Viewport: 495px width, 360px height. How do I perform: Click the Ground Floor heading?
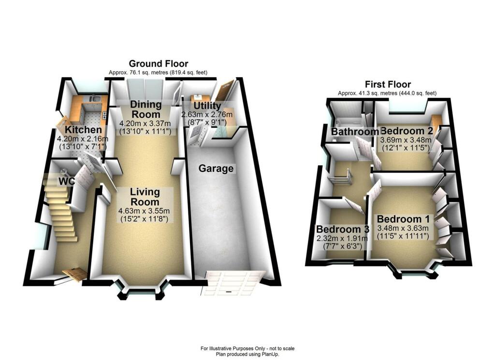(x=158, y=64)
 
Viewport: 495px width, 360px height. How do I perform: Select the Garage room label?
(x=216, y=169)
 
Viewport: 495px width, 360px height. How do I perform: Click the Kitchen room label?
(x=84, y=130)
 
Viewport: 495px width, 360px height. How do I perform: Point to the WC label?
(x=66, y=181)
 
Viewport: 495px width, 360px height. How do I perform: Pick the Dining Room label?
(x=146, y=110)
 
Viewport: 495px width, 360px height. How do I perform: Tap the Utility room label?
(x=207, y=106)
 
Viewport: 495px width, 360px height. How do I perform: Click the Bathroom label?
(x=355, y=132)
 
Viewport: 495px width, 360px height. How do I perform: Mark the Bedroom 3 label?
(x=338, y=229)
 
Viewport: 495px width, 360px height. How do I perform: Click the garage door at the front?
(x=233, y=283)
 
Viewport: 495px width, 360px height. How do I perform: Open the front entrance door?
(x=75, y=274)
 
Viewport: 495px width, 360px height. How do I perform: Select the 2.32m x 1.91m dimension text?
(x=338, y=238)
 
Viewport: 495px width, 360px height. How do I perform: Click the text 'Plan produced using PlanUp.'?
(x=247, y=354)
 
